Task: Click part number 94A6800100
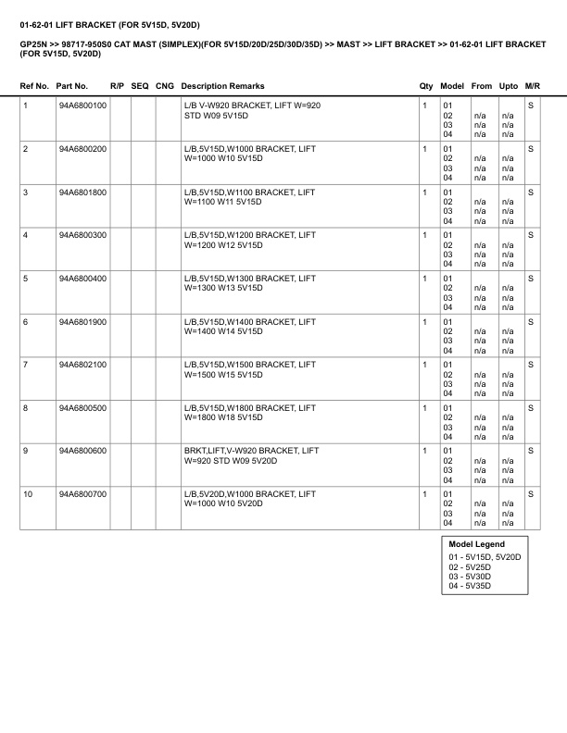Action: point(82,106)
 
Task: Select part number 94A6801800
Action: point(82,192)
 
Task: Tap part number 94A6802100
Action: point(82,364)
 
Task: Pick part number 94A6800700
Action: point(82,493)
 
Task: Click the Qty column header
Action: point(426,86)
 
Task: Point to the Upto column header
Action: point(508,86)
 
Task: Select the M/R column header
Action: point(532,86)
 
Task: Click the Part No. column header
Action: point(72,86)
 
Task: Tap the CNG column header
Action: point(165,86)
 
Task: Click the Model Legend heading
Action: point(476,544)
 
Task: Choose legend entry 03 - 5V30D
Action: point(470,576)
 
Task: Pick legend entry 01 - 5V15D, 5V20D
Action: point(485,557)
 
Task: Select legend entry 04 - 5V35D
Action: point(470,585)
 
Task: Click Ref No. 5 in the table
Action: point(25,278)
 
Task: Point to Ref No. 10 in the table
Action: point(28,493)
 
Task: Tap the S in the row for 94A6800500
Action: point(531,407)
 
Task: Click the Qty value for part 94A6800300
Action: point(424,235)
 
